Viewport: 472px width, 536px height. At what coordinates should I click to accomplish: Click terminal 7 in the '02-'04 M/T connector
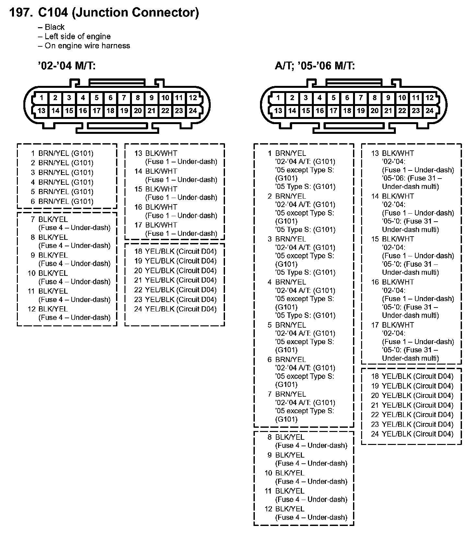[x=124, y=98]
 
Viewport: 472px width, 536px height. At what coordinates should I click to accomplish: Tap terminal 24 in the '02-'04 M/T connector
[x=193, y=111]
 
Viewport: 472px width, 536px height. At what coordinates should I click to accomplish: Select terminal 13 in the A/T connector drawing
[x=278, y=111]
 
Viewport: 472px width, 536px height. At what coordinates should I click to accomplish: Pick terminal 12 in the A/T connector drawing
[x=430, y=98]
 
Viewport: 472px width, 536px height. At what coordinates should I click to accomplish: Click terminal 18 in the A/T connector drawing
[x=347, y=111]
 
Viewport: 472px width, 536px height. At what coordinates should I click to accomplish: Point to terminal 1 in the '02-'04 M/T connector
[x=42, y=98]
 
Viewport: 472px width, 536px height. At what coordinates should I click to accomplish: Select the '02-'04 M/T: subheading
[x=66, y=66]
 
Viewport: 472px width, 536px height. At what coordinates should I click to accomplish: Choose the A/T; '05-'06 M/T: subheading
[x=315, y=66]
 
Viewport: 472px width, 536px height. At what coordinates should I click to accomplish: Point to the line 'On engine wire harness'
[x=87, y=46]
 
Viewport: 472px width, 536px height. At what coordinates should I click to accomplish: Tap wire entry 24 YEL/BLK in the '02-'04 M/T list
[x=175, y=309]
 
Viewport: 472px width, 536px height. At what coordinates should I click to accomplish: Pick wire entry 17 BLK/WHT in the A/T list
[x=393, y=325]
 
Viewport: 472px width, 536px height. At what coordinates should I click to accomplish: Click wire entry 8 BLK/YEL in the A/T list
[x=286, y=437]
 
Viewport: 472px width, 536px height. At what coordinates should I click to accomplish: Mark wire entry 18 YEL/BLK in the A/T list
[x=412, y=376]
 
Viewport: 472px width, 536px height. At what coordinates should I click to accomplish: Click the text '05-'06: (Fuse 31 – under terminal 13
[x=412, y=178]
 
